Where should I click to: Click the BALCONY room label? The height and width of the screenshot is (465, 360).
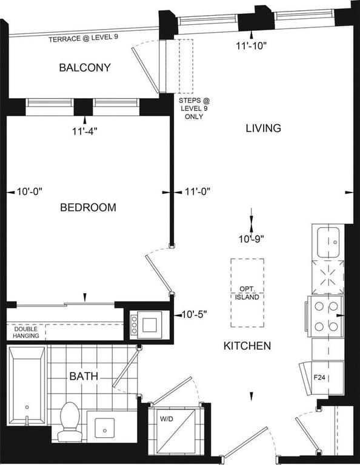85,68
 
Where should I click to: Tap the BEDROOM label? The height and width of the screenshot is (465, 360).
88,207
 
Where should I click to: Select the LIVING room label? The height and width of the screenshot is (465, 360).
264,128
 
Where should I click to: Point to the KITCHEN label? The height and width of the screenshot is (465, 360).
247,346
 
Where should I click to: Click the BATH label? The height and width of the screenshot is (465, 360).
84,377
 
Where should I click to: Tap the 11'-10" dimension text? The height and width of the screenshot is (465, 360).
252,46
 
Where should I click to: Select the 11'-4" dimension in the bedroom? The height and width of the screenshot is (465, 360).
85,131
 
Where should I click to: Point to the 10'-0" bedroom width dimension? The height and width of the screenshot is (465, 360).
30,191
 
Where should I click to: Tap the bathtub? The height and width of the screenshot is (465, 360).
27,385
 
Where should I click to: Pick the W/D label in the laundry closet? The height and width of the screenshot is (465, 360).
167,419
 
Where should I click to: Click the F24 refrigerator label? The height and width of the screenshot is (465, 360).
319,378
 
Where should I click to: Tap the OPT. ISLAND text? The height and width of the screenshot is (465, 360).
247,293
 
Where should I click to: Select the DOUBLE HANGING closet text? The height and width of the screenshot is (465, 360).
26,332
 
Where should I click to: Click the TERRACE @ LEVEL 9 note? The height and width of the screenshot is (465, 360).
84,38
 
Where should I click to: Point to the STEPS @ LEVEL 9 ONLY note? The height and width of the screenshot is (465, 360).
194,108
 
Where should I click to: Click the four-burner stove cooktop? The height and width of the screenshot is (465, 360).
326,317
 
